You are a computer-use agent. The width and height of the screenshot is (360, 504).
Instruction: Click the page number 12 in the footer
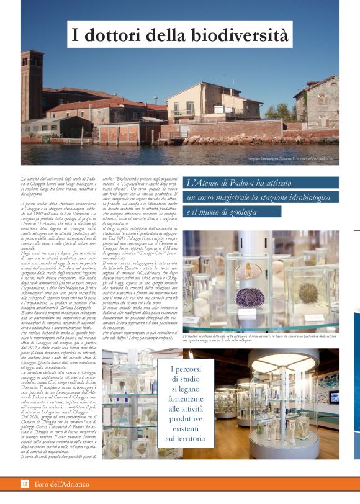coord(25,483)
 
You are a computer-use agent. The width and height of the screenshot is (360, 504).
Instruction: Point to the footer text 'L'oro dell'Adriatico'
coord(61,483)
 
